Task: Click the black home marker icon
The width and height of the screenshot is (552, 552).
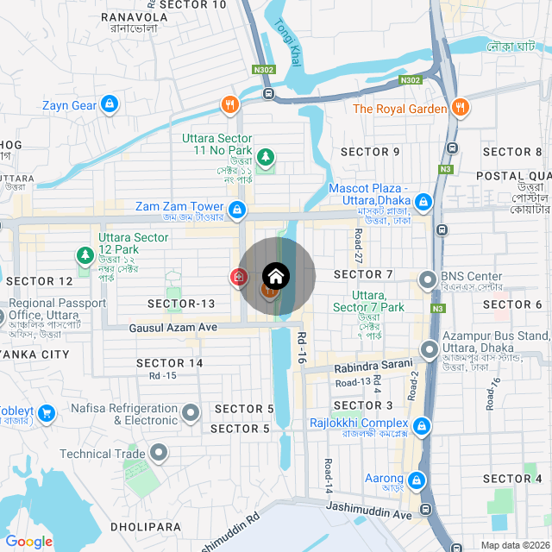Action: coord(276,276)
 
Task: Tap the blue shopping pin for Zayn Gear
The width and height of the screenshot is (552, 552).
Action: coord(109,105)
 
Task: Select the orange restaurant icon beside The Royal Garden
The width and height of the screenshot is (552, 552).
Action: coord(461,108)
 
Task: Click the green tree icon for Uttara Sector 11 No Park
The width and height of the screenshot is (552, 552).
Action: coord(267,157)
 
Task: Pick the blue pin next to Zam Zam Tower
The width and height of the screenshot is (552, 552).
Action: coord(236,208)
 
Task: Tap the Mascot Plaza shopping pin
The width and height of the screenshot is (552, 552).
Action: coord(423,203)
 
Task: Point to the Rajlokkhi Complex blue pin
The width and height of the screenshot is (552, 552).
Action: coord(421,426)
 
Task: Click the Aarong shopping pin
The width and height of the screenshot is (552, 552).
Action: coord(417,480)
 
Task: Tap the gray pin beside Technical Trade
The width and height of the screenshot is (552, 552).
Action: coord(159,452)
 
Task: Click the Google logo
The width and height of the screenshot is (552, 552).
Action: coord(29,541)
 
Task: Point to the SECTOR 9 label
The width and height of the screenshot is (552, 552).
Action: coord(370,152)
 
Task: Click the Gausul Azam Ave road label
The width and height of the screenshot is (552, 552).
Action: coord(172,328)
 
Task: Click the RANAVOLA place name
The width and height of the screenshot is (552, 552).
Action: coord(134,17)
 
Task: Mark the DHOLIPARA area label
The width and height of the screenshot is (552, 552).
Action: coord(146,526)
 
